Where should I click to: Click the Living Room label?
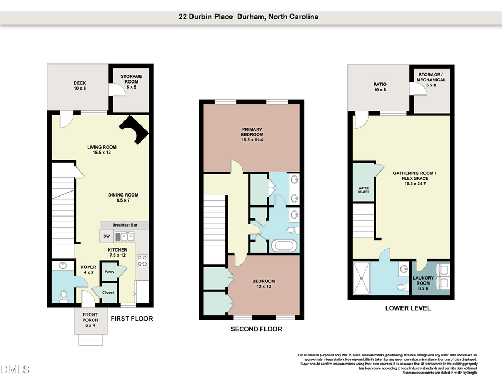click(x=101, y=149)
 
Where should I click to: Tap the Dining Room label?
click(x=123, y=198)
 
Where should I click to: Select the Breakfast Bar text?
click(x=124, y=225)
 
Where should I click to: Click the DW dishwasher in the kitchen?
click(x=107, y=237)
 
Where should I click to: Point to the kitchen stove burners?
click(x=142, y=258)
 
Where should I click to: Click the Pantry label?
click(x=110, y=272)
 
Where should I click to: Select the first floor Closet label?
click(x=108, y=292)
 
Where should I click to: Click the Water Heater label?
click(x=364, y=190)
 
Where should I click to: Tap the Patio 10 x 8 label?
click(x=380, y=87)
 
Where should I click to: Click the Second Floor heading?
click(x=256, y=329)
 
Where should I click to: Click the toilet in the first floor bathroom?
click(x=64, y=295)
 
